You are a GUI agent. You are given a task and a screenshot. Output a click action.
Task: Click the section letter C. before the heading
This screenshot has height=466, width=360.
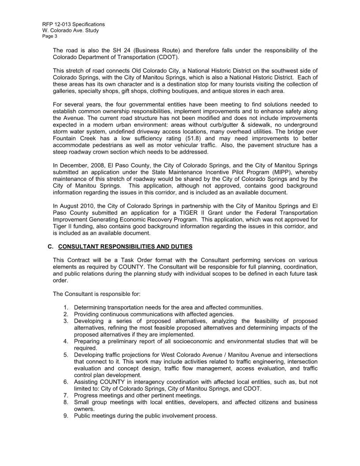click(x=50, y=246)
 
